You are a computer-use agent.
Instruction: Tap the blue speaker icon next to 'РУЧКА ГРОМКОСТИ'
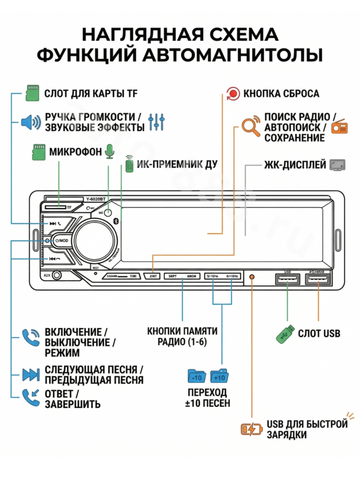click(30, 122)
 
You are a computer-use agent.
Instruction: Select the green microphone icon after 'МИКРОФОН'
click(109, 151)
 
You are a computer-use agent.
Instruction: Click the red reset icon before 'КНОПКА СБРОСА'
click(233, 94)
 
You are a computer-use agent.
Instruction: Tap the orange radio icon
click(339, 127)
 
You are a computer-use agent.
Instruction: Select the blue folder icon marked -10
click(197, 375)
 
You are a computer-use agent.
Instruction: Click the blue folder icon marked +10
click(219, 375)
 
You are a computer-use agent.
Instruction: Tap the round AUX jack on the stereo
click(56, 276)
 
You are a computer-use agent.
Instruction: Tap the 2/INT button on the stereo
click(153, 276)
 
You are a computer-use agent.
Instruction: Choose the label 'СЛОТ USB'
click(319, 334)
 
